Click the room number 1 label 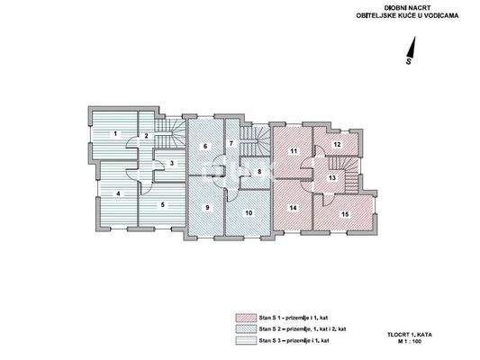[115, 134]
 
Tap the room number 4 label [118, 193]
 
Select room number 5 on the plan [162, 205]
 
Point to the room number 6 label [205, 146]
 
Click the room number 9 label [207, 208]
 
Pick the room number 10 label [249, 212]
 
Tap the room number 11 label [294, 150]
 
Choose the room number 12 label [336, 144]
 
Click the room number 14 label [293, 209]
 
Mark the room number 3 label [171, 163]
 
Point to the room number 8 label [259, 171]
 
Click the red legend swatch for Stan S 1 [240, 317]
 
